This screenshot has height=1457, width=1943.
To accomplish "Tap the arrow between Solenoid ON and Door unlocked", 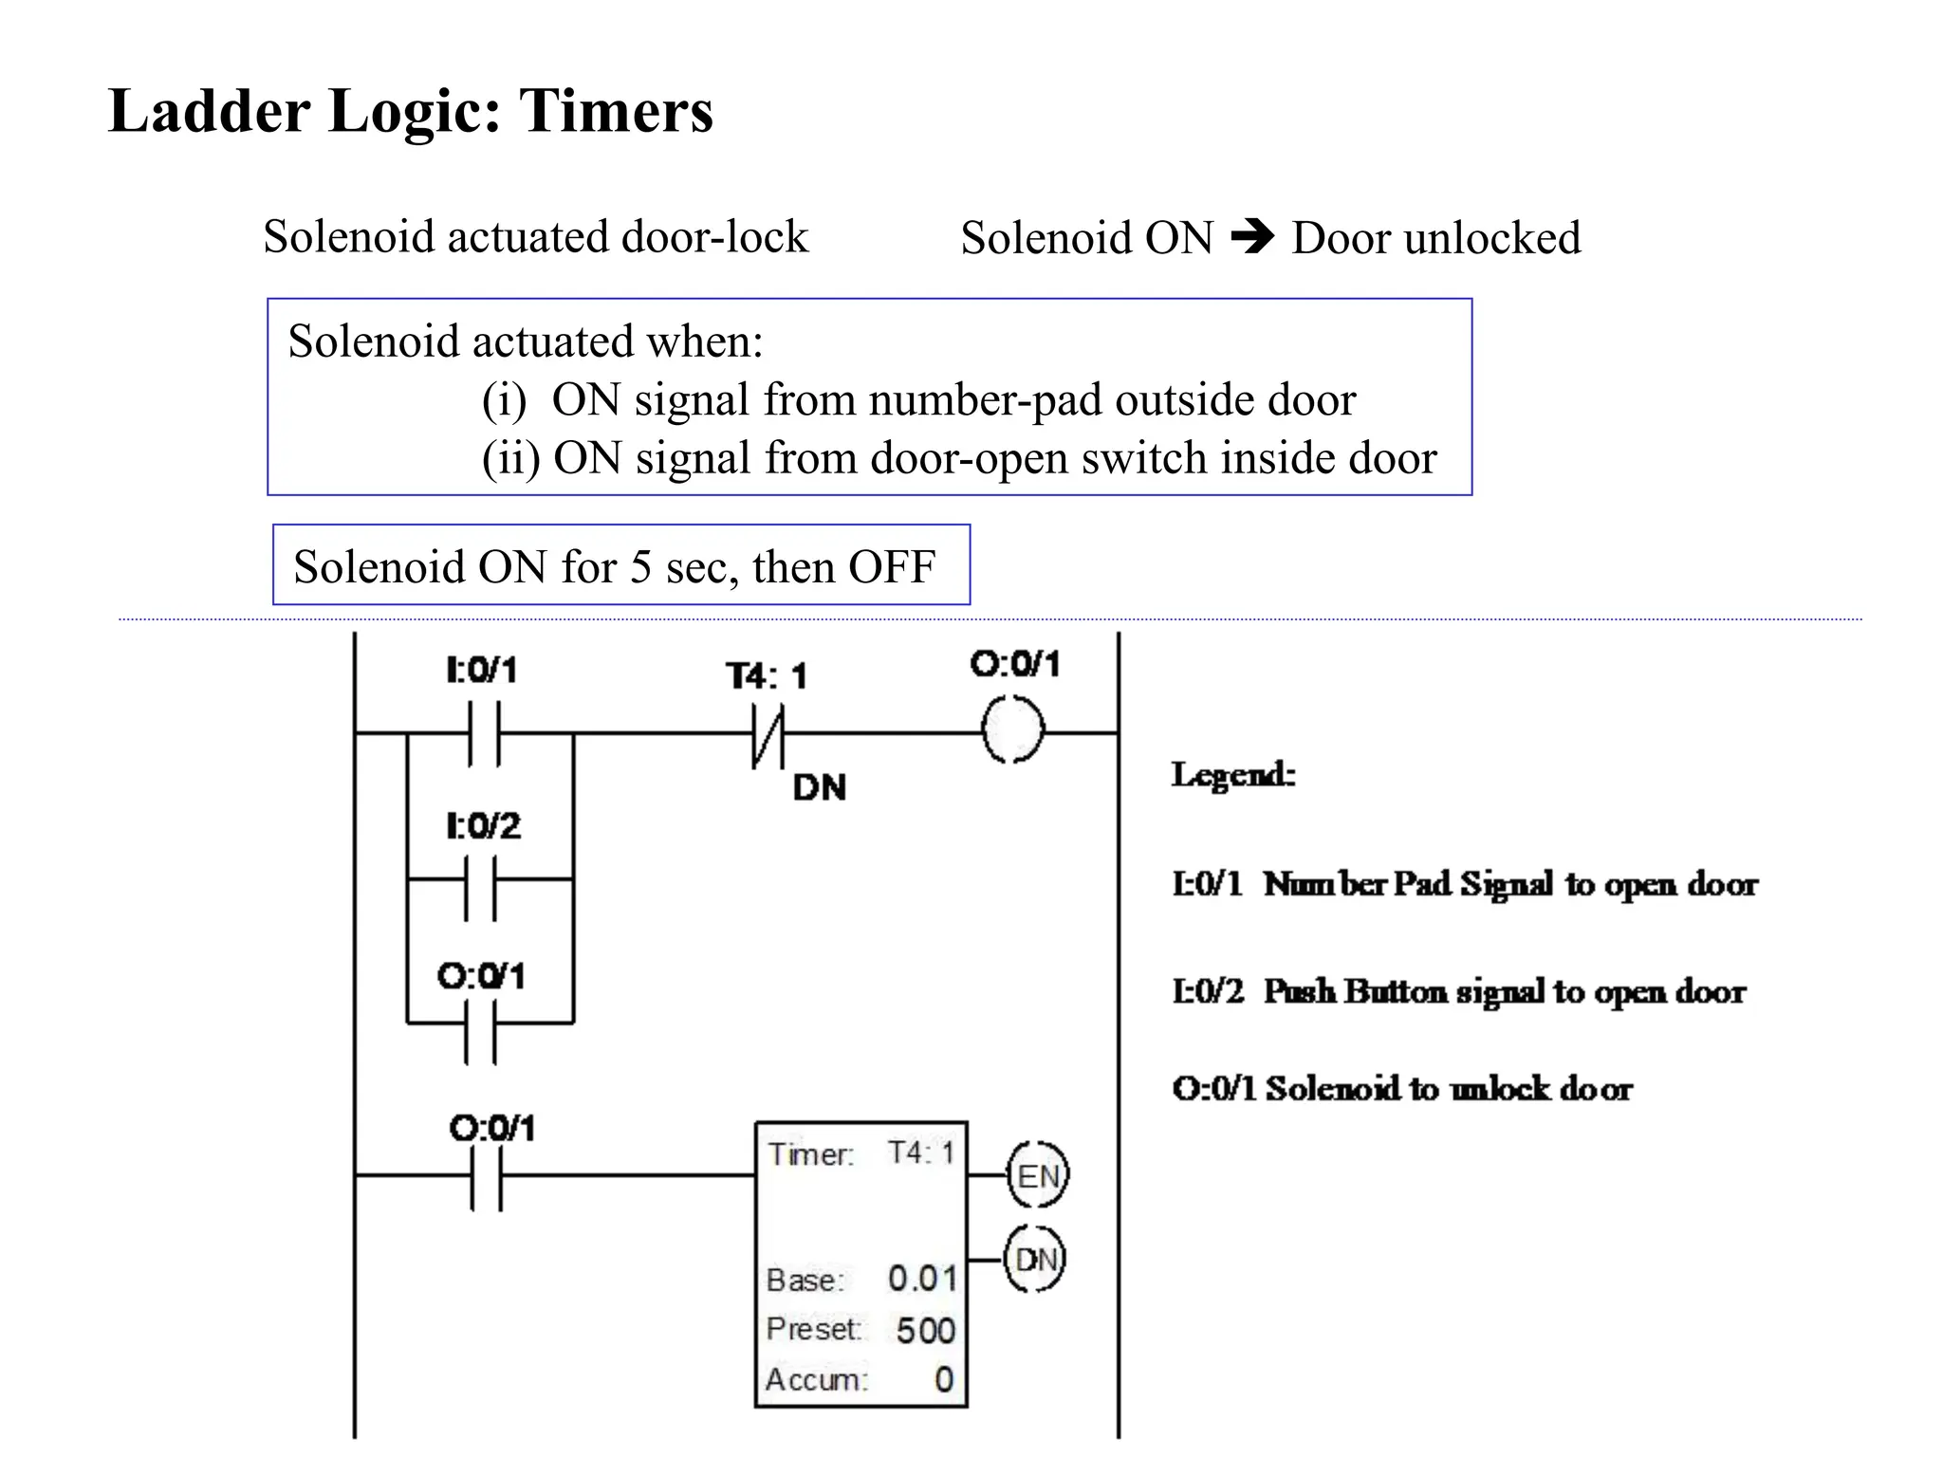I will pos(1252,236).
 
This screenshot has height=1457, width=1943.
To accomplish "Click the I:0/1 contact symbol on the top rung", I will pos(484,733).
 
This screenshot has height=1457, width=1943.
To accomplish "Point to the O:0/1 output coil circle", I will pos(1012,730).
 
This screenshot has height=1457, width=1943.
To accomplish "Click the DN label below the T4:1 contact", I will pos(819,787).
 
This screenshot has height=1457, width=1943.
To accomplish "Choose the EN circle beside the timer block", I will pos(1037,1176).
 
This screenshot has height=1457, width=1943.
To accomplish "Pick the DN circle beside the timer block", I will pos(1035,1260).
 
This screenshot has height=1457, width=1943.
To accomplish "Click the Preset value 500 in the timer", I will pos(925,1330).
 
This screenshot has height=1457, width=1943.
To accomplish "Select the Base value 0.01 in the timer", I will pos(922,1279).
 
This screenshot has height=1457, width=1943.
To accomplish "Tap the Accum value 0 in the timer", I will pos(943,1379).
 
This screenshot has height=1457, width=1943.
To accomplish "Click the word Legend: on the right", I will pos(1233,775).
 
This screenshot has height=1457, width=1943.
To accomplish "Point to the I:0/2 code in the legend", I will pos(1207,992).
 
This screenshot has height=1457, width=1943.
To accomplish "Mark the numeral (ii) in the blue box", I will pos(510,458).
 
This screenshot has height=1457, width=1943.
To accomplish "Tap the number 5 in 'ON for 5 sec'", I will pos(640,567).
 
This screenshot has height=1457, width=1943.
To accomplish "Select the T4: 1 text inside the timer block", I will pos(920,1153).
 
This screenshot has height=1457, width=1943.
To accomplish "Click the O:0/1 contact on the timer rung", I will pos(487,1176).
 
